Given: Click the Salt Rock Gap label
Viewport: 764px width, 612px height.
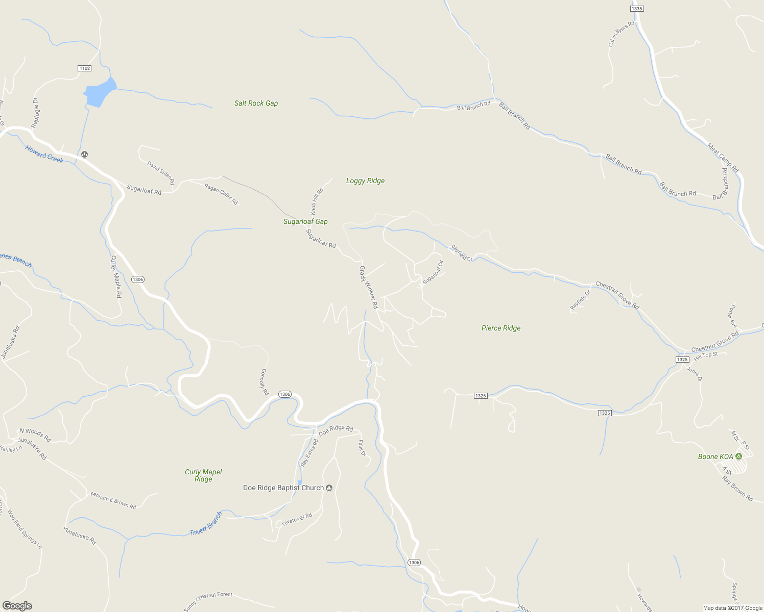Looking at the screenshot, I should point(256,103).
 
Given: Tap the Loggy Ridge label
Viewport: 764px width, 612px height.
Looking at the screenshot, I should point(365,181).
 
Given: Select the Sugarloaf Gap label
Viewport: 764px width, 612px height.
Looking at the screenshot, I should point(305,221).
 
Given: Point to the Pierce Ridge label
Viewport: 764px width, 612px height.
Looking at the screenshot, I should point(501,328).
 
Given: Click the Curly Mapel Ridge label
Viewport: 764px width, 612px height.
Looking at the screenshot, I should point(203,475).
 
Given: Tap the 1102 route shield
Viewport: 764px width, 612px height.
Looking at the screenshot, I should point(84,68).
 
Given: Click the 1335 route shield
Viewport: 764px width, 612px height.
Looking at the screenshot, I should point(637,9).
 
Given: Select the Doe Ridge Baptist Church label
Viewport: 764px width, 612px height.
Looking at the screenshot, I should point(283,488).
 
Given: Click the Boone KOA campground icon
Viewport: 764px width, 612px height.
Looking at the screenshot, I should point(738,456).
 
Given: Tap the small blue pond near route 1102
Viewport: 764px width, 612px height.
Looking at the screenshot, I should point(100,93).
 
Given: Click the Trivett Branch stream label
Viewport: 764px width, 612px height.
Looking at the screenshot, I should point(206,524).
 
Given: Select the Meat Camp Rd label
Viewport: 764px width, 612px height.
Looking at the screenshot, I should point(723,158).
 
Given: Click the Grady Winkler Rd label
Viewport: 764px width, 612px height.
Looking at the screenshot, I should point(368,287).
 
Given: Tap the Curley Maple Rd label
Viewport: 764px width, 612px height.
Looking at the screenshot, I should point(116,276).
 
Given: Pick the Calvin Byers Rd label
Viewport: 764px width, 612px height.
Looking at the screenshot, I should point(621,34).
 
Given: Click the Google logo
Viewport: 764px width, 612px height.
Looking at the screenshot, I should point(17,606).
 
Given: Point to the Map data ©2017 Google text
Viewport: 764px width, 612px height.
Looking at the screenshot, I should point(732,608).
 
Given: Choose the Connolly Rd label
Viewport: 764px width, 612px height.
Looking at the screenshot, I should point(264,382).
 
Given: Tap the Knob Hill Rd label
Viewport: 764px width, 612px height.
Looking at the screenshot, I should point(317,201).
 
